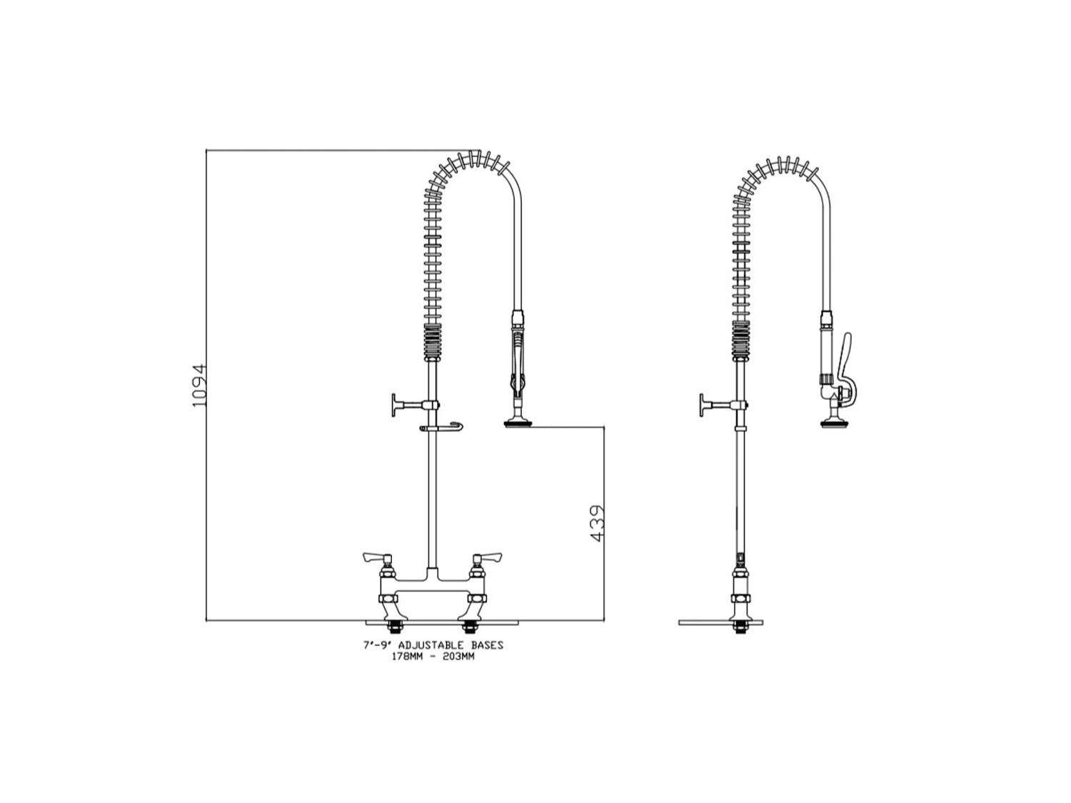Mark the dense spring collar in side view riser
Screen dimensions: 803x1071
tap(740, 340)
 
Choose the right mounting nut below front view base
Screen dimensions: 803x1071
tap(469, 628)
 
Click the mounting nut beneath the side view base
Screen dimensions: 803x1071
tap(740, 628)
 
